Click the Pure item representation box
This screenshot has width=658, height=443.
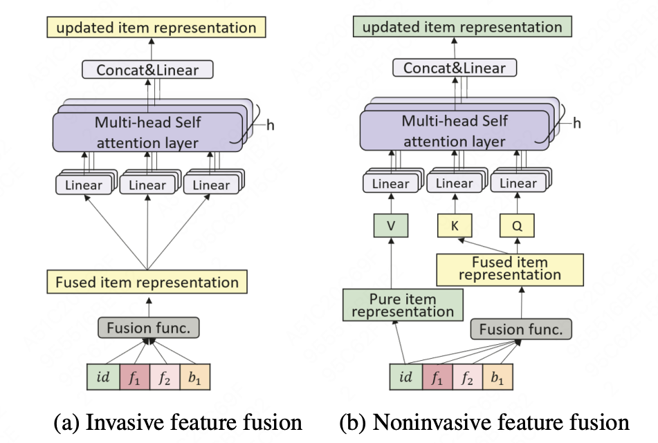pos(402,305)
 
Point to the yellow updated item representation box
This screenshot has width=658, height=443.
pos(156,28)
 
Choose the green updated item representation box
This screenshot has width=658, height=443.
pos(462,28)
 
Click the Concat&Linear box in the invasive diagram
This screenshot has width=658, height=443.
pos(147,70)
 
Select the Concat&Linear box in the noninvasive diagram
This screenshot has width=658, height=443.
pos(455,68)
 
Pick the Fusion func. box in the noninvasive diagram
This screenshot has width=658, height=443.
pos(521,328)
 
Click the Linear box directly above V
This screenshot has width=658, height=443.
pos(390,184)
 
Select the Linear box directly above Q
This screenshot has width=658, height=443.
pos(518,184)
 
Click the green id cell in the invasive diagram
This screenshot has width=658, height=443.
pos(103,377)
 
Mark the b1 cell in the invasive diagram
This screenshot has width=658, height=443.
pos(194,377)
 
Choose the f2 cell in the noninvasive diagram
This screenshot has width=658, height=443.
pos(468,377)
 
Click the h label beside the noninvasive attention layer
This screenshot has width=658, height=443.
pos(576,123)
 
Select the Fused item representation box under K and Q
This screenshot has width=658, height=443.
pos(510,268)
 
